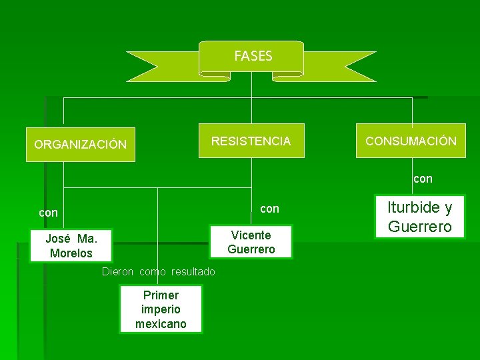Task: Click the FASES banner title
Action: [253, 57]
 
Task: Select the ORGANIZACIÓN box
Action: [80, 145]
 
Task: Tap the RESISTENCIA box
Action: [251, 141]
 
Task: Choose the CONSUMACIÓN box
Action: [411, 141]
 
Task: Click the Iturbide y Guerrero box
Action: [420, 217]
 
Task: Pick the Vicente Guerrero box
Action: [251, 242]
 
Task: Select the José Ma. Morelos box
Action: [71, 246]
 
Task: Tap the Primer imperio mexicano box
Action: [161, 309]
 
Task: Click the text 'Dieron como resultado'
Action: [159, 271]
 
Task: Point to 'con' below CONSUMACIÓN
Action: [423, 179]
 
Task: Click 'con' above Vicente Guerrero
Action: [269, 209]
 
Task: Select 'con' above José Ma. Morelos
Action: [48, 213]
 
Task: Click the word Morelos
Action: [71, 253]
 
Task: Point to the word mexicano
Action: [161, 324]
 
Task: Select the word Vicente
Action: [251, 235]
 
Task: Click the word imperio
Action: [161, 309]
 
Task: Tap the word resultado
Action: [193, 271]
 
